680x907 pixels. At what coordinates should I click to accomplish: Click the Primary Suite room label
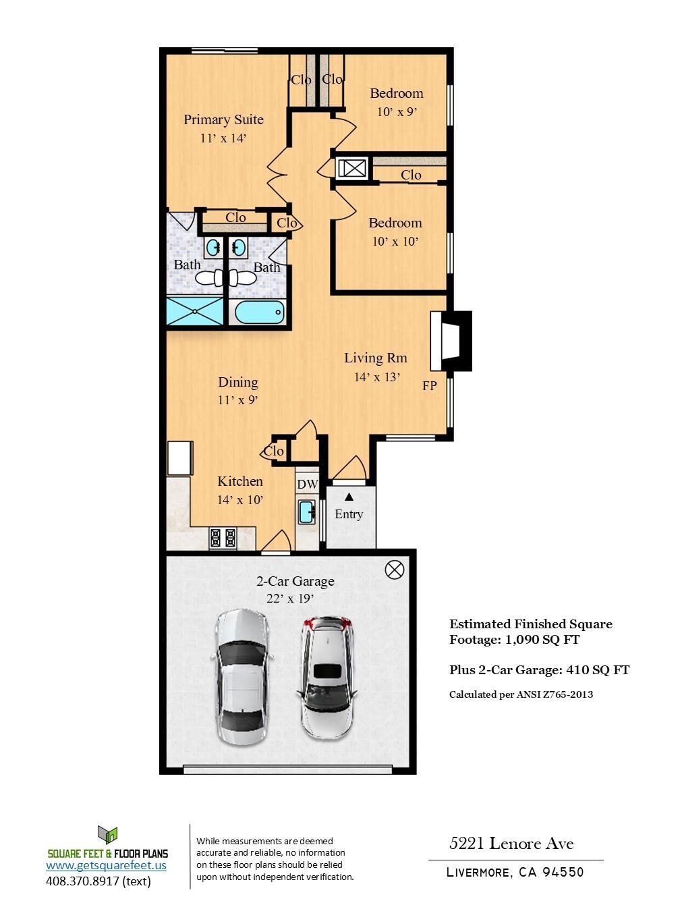[223, 120]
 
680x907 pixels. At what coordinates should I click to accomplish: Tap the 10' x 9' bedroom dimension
[397, 112]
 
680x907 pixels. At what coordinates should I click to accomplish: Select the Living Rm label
[375, 358]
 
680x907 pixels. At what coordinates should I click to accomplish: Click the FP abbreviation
[429, 386]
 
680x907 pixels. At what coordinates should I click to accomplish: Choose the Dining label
[237, 383]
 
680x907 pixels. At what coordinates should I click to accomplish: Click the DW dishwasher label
[307, 484]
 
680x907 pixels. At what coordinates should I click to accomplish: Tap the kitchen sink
[307, 512]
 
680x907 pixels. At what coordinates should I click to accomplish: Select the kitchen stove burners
[223, 538]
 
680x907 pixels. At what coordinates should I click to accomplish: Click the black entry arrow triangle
[349, 497]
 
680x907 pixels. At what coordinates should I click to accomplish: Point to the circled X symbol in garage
[394, 570]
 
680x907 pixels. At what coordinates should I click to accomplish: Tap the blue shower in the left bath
[195, 312]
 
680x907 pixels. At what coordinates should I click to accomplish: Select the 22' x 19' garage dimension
[290, 599]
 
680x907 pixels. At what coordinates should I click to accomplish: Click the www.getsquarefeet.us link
[106, 865]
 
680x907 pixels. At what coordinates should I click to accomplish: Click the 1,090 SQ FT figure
[542, 640]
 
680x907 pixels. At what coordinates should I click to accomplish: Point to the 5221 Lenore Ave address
[511, 844]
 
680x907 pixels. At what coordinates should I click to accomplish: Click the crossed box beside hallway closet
[352, 168]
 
